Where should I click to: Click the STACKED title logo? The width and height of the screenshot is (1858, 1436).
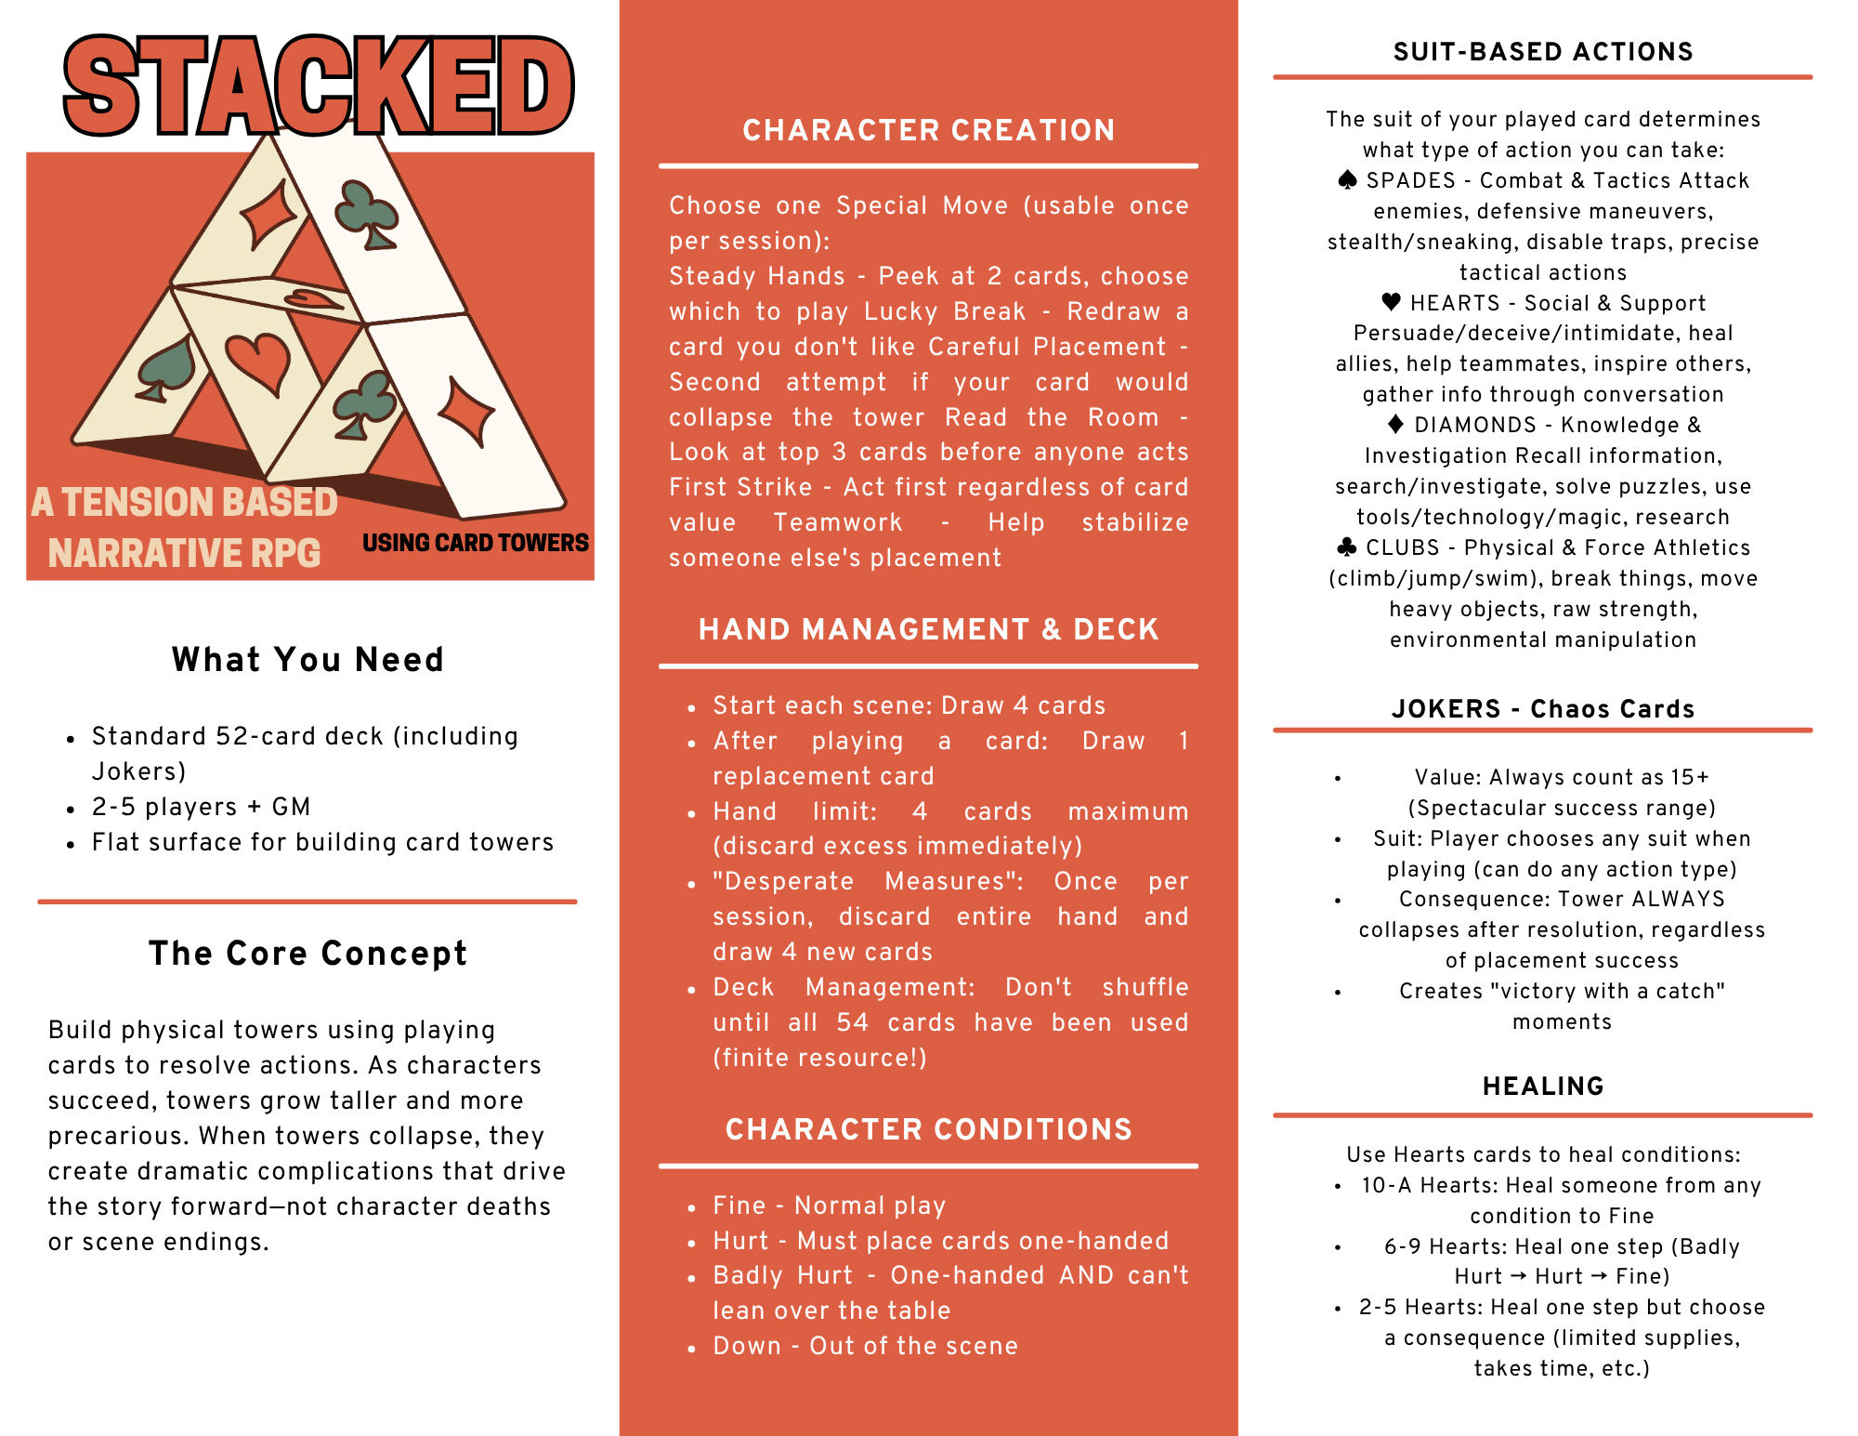coord(319,86)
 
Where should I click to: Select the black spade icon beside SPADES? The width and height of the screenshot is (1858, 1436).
coord(1347,180)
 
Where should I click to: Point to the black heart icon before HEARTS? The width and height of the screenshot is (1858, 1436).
coord(1391,302)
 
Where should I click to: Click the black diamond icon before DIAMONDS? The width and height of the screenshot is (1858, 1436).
coord(1395,425)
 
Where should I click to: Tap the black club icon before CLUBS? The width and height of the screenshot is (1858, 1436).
coord(1346,547)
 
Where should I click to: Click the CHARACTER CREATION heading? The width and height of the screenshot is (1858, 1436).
coord(928,130)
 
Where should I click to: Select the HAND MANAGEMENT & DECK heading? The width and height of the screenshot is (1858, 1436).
coord(928,629)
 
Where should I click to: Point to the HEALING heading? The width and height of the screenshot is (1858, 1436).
coord(1543,1086)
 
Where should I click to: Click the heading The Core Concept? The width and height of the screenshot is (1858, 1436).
coord(307,954)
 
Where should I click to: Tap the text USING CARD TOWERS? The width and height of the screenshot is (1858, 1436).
coord(475,543)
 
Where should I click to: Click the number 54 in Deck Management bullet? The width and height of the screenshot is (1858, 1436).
coord(852,1022)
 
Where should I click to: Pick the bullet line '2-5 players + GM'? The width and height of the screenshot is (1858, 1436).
coord(201,807)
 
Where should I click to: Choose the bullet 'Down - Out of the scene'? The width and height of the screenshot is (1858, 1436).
coord(865,1346)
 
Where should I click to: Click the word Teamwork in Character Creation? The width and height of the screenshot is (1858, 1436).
coord(838,522)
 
